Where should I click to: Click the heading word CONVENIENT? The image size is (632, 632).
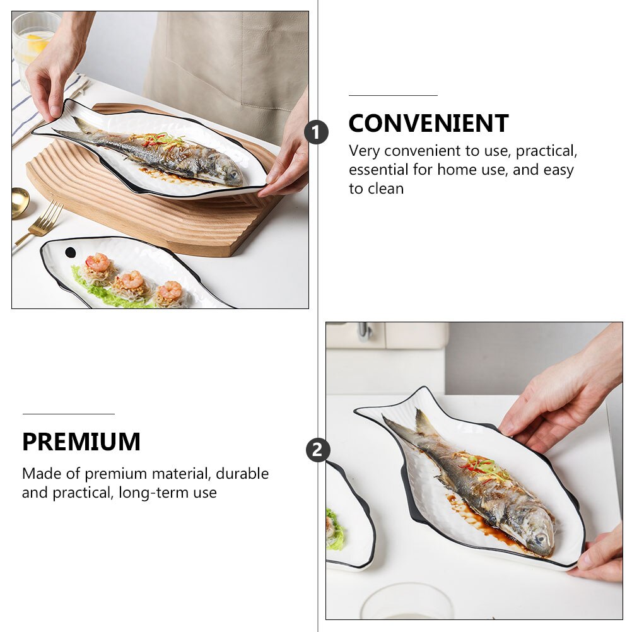tap(428, 124)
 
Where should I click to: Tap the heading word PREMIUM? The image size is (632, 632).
tap(81, 442)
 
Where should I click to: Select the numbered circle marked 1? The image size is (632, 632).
tap(316, 132)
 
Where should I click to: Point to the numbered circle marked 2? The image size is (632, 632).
tap(317, 450)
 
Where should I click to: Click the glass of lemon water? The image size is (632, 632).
tap(32, 44)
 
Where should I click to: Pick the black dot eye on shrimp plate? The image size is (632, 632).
tap(70, 252)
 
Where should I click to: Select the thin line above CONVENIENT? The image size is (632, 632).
tap(393, 95)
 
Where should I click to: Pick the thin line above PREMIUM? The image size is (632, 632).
tap(68, 414)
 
